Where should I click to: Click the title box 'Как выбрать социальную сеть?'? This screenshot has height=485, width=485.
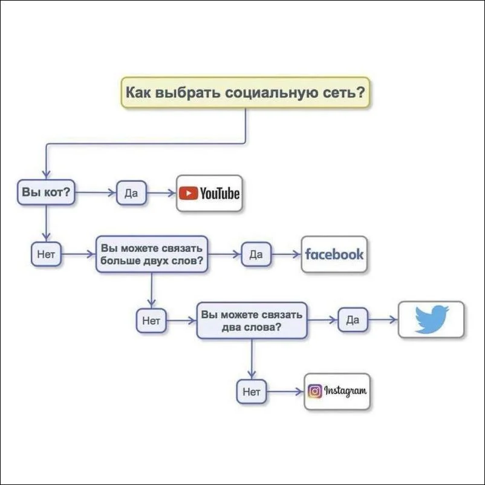pyautogui.click(x=246, y=93)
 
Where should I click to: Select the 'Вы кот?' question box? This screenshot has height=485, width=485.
pyautogui.click(x=46, y=192)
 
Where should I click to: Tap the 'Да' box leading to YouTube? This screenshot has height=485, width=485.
pyautogui.click(x=131, y=193)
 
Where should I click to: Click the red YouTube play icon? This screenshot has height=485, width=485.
pyautogui.click(x=188, y=194)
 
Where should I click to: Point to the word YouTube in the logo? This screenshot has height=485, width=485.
pyautogui.click(x=220, y=194)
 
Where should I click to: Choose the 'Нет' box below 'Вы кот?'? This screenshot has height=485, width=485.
pyautogui.click(x=46, y=254)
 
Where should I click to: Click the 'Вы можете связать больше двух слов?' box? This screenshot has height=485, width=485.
pyautogui.click(x=152, y=254)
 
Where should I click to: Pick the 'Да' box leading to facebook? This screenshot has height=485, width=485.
pyautogui.click(x=256, y=254)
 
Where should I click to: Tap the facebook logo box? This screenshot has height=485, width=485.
pyautogui.click(x=334, y=254)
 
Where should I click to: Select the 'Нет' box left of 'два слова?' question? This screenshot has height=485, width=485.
pyautogui.click(x=151, y=321)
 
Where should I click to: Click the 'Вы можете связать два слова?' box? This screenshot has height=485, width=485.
pyautogui.click(x=252, y=321)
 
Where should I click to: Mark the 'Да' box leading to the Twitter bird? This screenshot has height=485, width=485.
pyautogui.click(x=353, y=320)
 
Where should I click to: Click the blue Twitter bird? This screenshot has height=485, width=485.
pyautogui.click(x=432, y=319)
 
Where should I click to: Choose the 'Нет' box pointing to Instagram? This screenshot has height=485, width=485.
pyautogui.click(x=252, y=392)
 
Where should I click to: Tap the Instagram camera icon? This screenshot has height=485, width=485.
pyautogui.click(x=315, y=391)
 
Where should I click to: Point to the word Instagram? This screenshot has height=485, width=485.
pyautogui.click(x=345, y=391)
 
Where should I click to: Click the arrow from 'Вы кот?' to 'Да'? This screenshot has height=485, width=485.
pyautogui.click(x=96, y=193)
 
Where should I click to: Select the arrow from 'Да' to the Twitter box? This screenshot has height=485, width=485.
pyautogui.click(x=383, y=319)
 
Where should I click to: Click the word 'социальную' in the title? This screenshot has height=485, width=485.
pyautogui.click(x=272, y=93)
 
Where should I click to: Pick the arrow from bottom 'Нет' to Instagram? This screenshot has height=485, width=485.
pyautogui.click(x=285, y=392)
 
